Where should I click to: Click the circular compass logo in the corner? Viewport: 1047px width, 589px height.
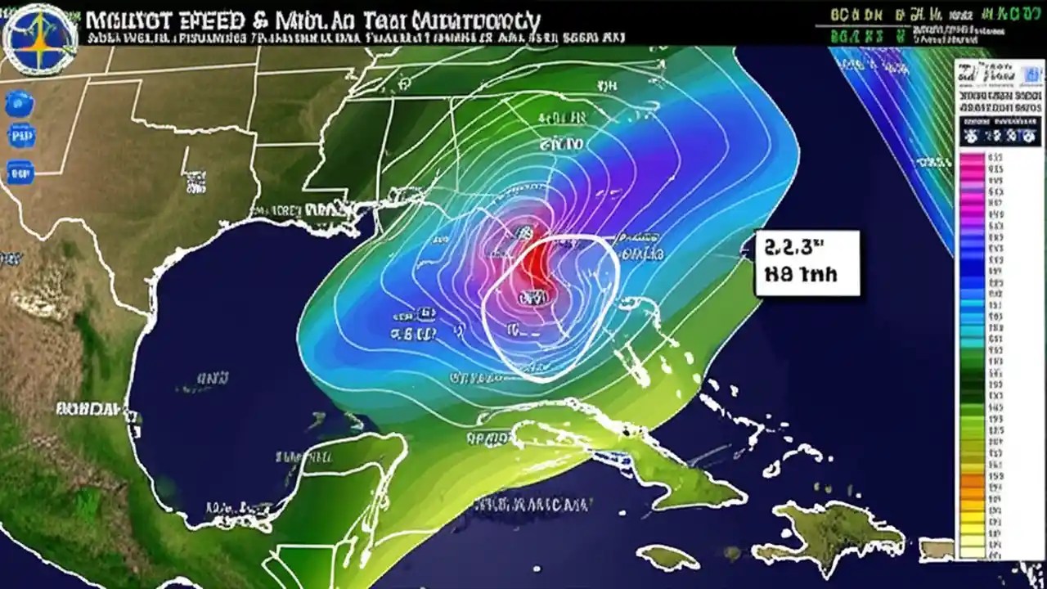(x=39, y=38)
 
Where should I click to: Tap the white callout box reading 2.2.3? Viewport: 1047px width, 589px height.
(x=807, y=263)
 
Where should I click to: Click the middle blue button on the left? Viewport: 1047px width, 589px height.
(x=20, y=136)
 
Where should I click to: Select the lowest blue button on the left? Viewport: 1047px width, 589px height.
(x=20, y=172)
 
